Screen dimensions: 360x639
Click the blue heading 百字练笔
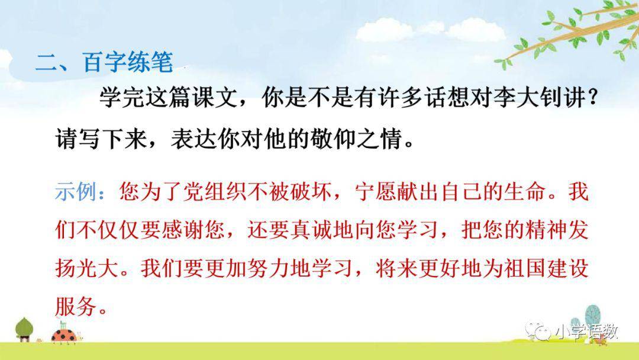tap(128, 62)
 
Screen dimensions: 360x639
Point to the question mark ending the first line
tap(588, 99)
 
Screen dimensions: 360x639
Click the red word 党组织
tap(227, 194)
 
